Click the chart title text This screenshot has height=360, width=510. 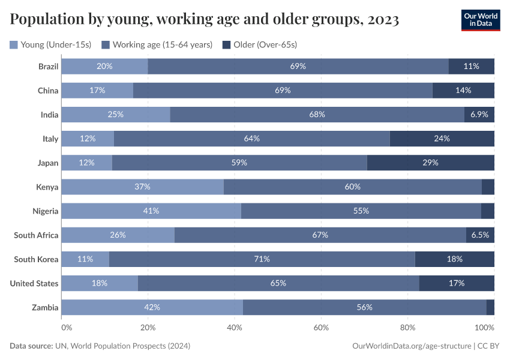[x=205, y=20]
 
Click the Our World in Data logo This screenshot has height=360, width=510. [x=480, y=20]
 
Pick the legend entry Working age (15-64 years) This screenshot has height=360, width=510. [x=157, y=44]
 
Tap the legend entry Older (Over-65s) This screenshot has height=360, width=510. [x=260, y=44]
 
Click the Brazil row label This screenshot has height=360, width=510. [x=48, y=66]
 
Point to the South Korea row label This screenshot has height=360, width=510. [x=36, y=259]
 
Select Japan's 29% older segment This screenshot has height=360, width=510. [x=430, y=163]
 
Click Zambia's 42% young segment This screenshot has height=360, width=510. [x=152, y=307]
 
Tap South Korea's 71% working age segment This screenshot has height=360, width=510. [x=262, y=259]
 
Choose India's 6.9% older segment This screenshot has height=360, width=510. [x=479, y=114]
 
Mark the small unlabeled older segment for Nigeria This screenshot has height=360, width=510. [x=488, y=211]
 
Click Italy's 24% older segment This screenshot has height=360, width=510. [x=442, y=139]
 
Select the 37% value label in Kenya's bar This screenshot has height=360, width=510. [x=142, y=187]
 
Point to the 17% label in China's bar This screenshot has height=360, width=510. [x=97, y=90]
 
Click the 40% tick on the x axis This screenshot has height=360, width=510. [x=235, y=328]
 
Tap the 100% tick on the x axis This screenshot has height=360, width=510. [x=484, y=328]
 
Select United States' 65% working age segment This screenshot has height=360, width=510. [x=278, y=283]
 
